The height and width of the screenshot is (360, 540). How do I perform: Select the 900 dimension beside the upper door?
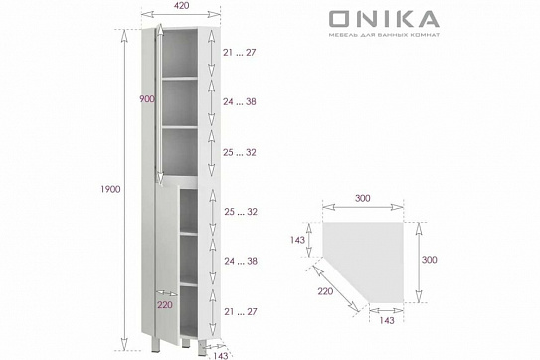[147, 99]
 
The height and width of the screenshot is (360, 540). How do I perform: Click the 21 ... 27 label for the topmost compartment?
[239, 51]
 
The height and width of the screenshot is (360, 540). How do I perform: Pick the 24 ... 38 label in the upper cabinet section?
[239, 101]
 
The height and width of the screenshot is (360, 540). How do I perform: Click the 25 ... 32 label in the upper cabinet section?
[239, 152]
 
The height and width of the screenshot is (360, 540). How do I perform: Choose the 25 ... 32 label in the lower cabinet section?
[239, 212]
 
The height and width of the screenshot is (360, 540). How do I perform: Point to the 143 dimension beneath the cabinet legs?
[221, 354]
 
